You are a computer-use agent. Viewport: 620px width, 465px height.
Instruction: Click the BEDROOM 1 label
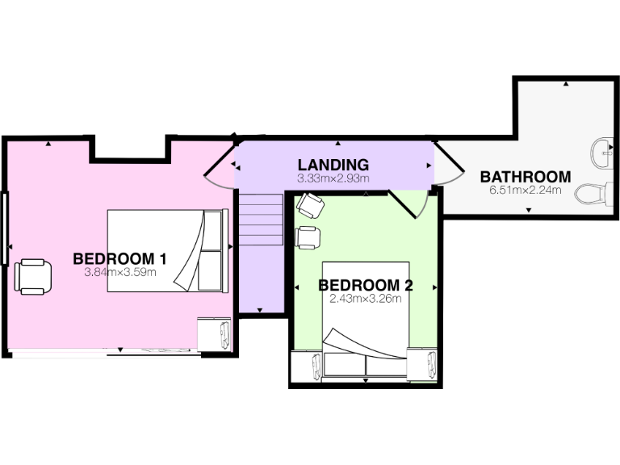(119, 259)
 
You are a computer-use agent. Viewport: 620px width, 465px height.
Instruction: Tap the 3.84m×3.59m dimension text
(119, 272)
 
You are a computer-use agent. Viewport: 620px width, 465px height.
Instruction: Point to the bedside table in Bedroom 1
(214, 333)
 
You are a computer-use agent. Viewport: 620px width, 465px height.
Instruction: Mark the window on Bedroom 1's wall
(5, 228)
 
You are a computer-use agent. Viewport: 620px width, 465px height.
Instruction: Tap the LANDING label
(333, 165)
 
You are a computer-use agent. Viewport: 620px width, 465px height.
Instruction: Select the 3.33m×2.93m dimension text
(333, 178)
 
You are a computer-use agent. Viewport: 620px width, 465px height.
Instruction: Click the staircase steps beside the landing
(259, 222)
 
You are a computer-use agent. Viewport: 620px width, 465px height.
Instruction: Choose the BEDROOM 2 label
(366, 285)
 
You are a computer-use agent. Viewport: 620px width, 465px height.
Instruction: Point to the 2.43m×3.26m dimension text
(366, 298)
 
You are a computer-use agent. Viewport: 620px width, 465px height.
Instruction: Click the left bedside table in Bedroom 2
(307, 367)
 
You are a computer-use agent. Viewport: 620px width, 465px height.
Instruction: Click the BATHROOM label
(526, 177)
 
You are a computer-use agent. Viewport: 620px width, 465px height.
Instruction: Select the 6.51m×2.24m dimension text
(526, 191)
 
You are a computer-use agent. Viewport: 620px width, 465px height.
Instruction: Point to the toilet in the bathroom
(594, 195)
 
